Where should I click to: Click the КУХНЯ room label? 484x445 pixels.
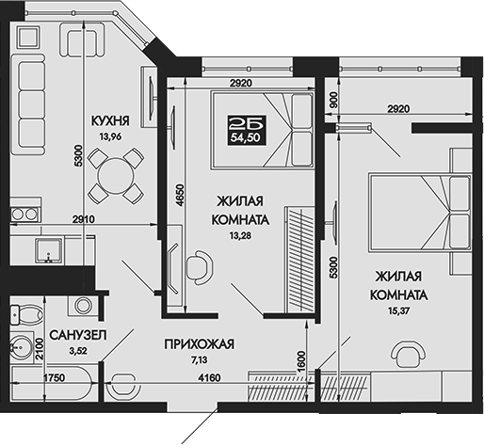(110, 121)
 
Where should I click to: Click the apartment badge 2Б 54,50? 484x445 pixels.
(247, 128)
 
